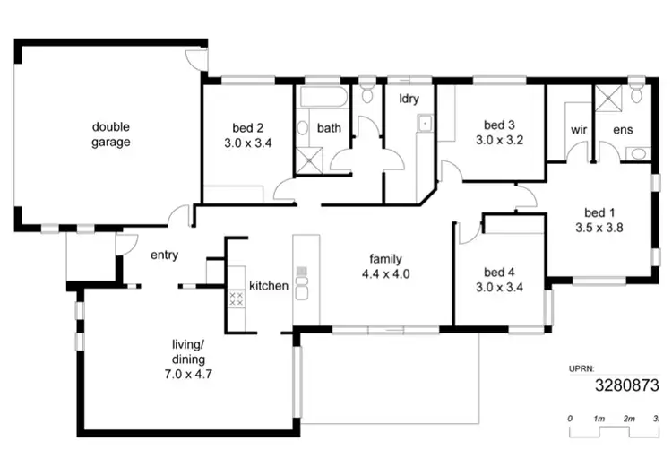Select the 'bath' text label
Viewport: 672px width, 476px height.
tap(329, 128)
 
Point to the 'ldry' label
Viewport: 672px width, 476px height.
tap(409, 97)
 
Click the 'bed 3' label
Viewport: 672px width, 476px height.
tap(498, 125)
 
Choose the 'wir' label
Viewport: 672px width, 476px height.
tap(578, 129)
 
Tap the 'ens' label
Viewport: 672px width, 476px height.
tap(622, 129)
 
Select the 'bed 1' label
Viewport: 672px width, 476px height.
tap(599, 212)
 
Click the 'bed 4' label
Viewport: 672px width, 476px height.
tap(498, 272)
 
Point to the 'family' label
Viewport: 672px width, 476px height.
tap(385, 258)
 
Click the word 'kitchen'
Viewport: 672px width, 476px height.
tap(269, 286)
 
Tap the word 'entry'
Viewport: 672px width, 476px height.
tap(164, 255)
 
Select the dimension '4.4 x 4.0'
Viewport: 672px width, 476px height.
tap(385, 274)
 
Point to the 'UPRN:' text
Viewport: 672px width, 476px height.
tap(583, 368)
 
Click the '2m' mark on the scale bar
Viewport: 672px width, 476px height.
tap(629, 419)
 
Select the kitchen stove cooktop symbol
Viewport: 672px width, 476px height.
tap(237, 299)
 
